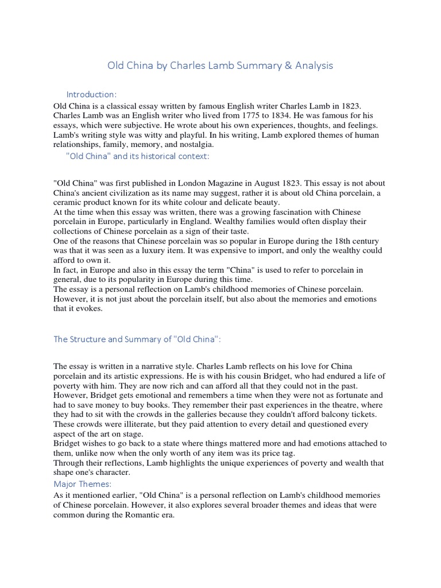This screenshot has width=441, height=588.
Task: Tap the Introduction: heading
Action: coord(92,94)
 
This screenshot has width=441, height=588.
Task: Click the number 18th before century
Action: coord(346,241)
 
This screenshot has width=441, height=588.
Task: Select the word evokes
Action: coord(91,308)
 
